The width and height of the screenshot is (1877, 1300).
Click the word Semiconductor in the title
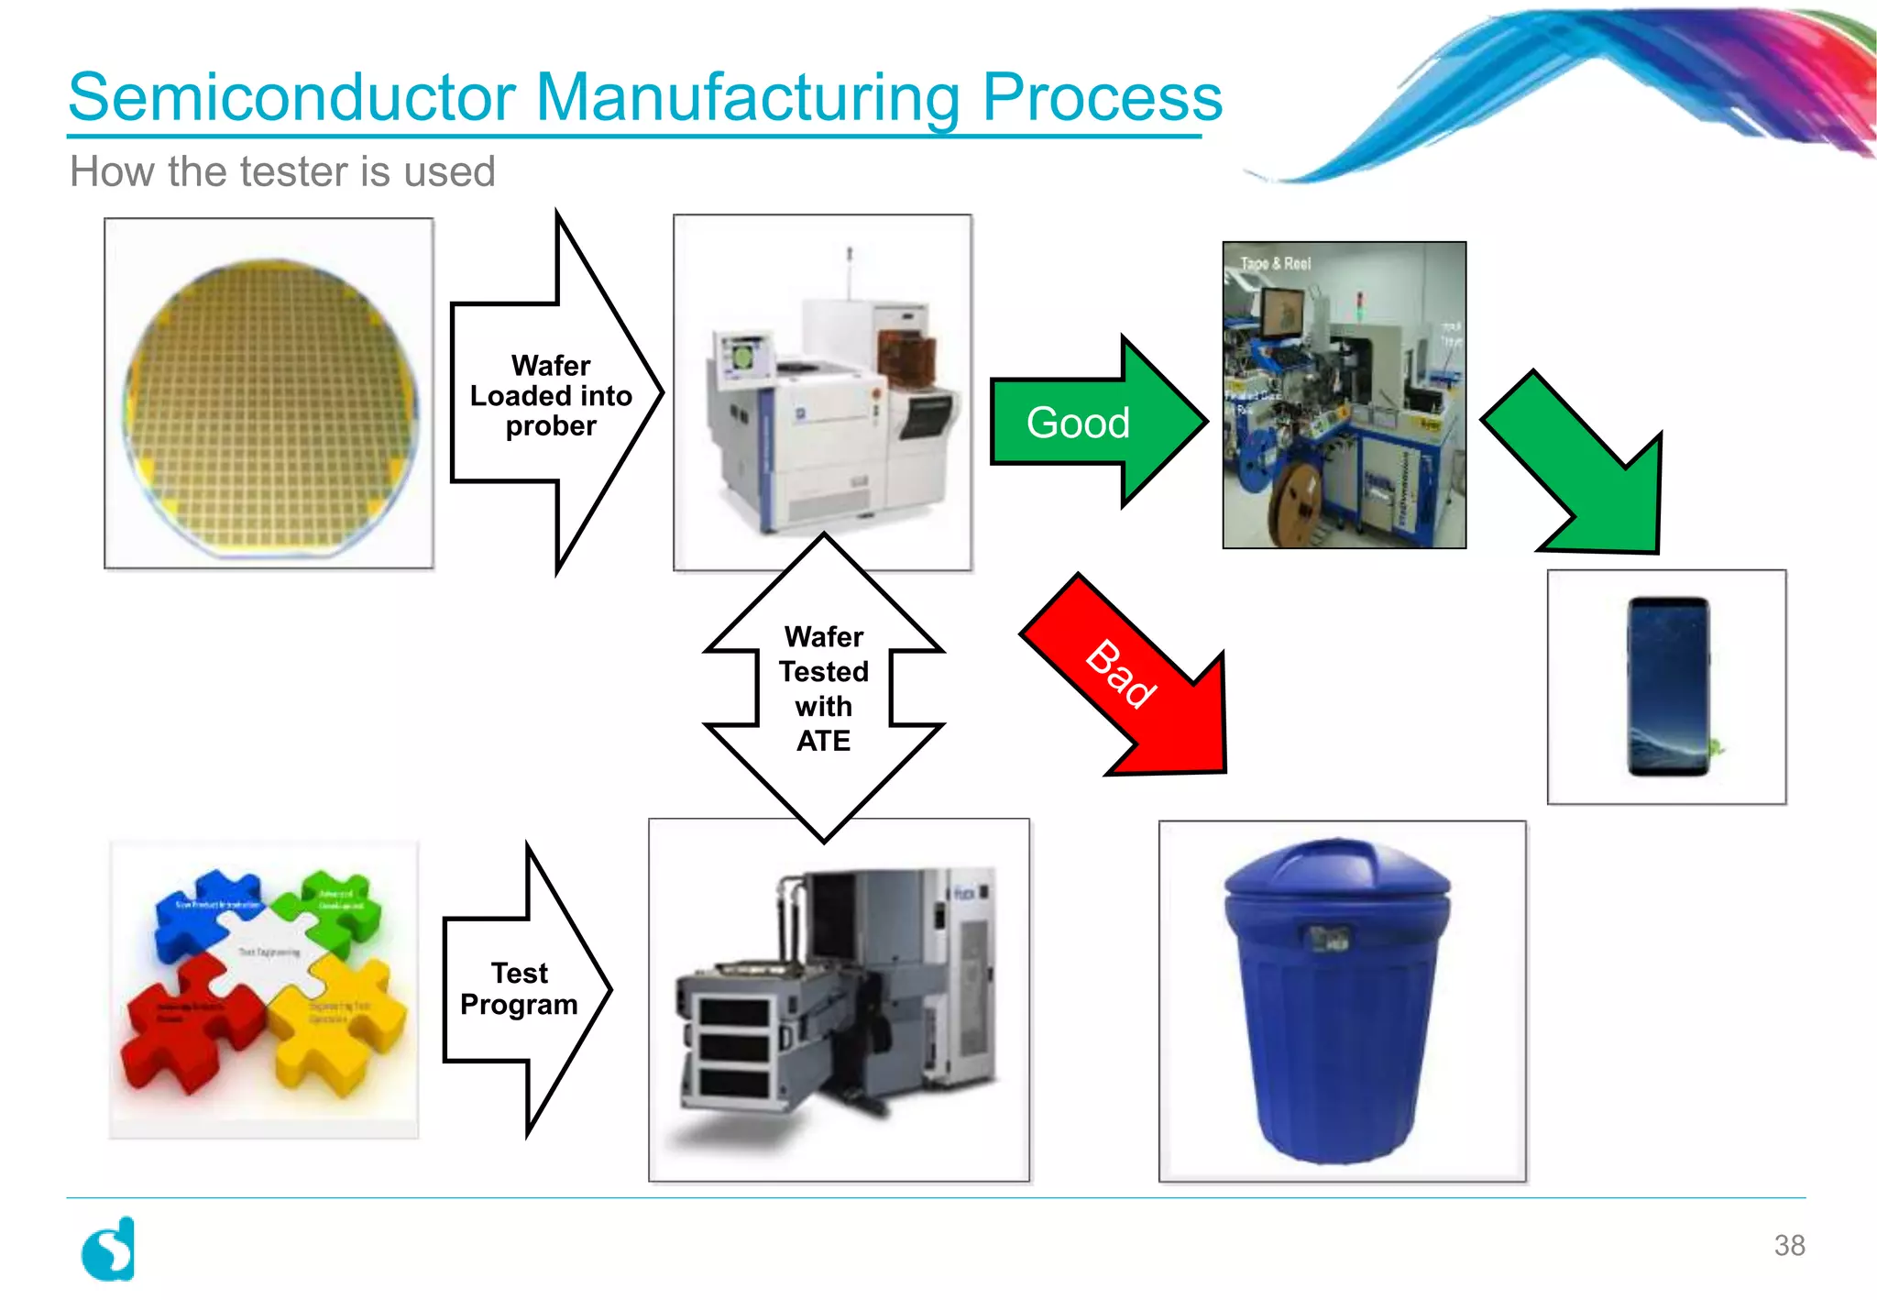291,97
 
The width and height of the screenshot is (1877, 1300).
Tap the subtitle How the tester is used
282,171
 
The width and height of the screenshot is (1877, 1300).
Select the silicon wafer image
269,394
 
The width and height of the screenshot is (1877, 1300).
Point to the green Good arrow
1091,423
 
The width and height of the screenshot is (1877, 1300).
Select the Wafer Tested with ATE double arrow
824,688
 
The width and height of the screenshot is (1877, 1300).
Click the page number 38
1789,1245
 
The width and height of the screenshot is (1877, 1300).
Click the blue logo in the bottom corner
109,1250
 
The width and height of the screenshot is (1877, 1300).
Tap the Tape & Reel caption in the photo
1275,263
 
